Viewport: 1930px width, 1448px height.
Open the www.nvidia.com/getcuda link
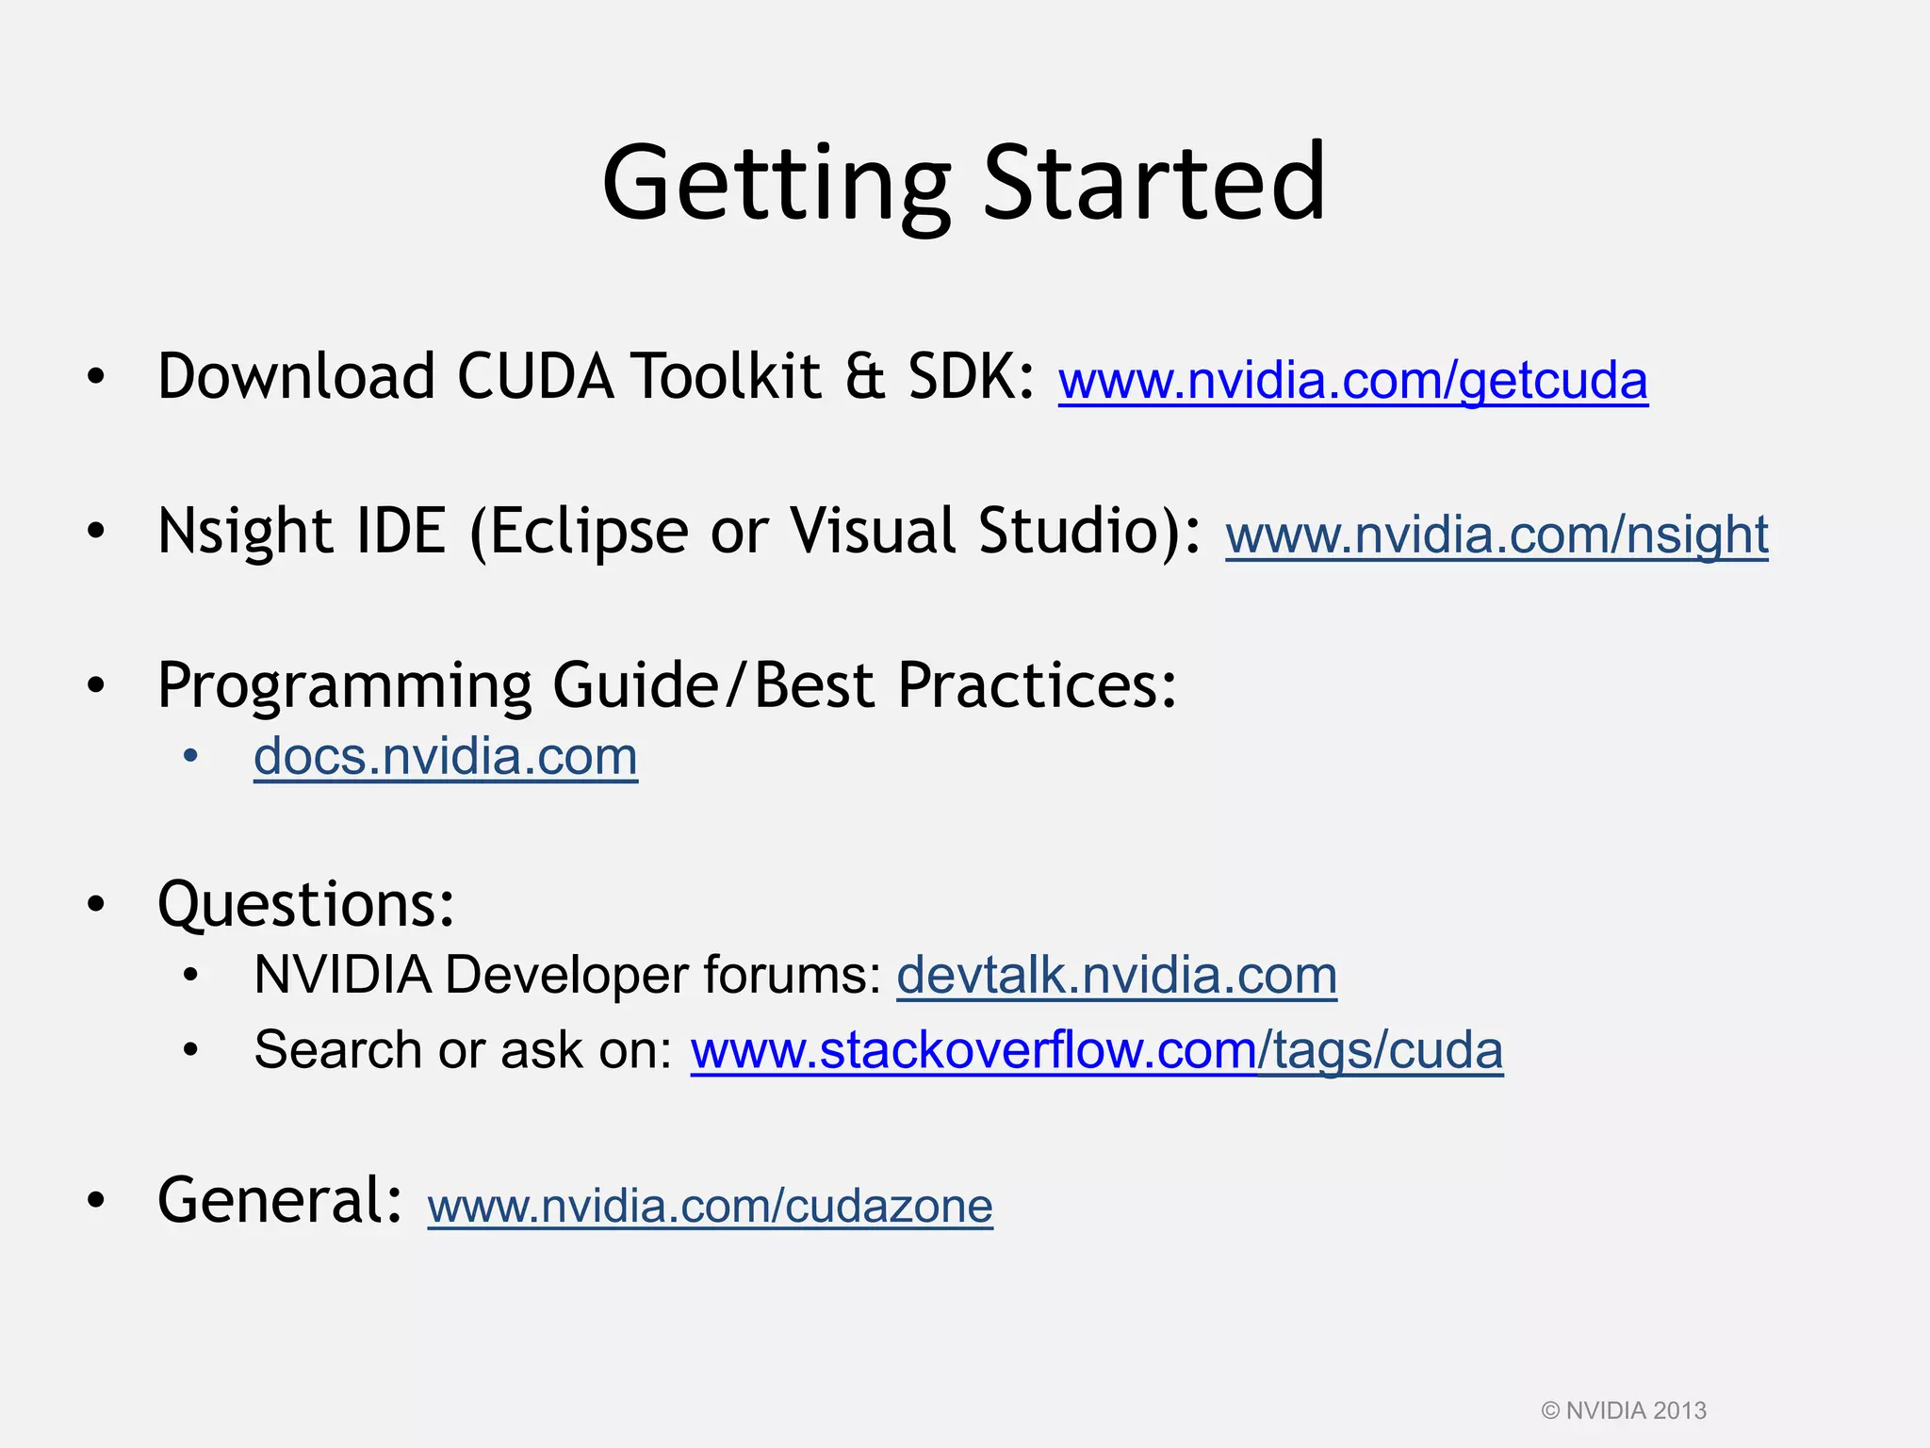click(x=1352, y=380)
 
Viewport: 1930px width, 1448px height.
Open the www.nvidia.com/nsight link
click(x=1497, y=535)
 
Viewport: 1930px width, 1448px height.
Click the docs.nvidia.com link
click(x=446, y=757)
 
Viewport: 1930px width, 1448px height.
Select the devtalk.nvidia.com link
click(x=1117, y=975)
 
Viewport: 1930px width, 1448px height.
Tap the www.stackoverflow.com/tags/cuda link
click(x=1096, y=1050)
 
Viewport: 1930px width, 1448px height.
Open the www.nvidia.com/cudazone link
click(x=710, y=1206)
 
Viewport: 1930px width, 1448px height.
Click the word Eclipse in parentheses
click(x=589, y=532)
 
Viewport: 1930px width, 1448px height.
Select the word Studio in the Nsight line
click(x=1067, y=531)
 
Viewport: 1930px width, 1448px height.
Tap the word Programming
click(x=344, y=686)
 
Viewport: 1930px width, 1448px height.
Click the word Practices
click(x=1037, y=685)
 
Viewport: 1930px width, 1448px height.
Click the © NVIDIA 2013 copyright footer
click(x=1623, y=1410)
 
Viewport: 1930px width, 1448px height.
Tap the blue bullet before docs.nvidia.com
click(x=191, y=757)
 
